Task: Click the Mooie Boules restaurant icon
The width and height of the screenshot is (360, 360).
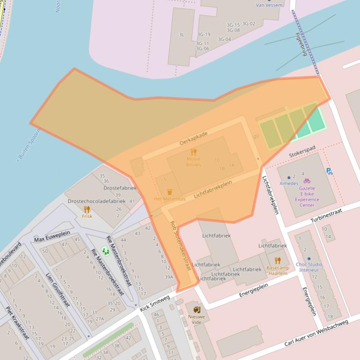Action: point(194,152)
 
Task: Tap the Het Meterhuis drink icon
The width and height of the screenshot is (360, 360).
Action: point(170,192)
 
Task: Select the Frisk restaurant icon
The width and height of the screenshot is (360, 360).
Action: point(86,209)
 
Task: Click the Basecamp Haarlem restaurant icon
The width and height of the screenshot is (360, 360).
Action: point(278,260)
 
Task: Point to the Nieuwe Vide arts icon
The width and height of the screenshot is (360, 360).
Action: point(196,310)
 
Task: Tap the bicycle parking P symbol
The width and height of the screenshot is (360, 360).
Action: point(330,172)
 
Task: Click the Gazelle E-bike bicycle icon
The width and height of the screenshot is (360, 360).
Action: point(307,180)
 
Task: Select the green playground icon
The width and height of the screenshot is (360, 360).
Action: point(106,252)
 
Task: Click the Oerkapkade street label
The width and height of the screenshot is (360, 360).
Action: point(193,138)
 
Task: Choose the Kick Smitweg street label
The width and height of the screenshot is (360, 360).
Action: point(154,303)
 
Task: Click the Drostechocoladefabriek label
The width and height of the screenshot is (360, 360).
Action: point(97,202)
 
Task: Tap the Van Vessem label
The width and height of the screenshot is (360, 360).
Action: point(269,5)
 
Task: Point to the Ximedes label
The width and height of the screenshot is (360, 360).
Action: point(289,183)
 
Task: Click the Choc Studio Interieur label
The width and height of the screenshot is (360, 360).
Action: point(309,267)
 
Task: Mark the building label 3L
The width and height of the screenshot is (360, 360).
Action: point(181,35)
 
